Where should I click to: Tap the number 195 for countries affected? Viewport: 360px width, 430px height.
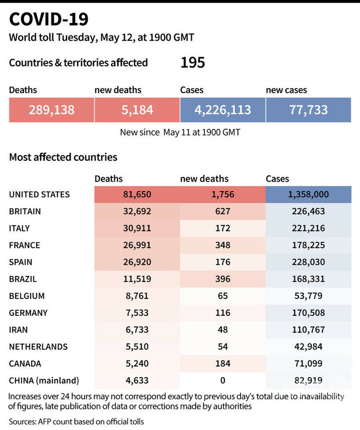pyautogui.click(x=192, y=63)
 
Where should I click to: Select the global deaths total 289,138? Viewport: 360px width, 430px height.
pyautogui.click(x=52, y=110)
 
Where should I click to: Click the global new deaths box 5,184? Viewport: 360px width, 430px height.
pyautogui.click(x=137, y=110)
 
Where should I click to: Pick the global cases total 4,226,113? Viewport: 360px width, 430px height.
pyautogui.click(x=223, y=110)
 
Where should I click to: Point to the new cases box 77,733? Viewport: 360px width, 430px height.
pyautogui.click(x=308, y=110)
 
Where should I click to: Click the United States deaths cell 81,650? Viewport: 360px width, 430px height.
pyautogui.click(x=137, y=195)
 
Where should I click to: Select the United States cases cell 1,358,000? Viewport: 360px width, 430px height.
pyautogui.click(x=308, y=195)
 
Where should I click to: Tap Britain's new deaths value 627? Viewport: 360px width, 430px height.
pyautogui.click(x=222, y=211)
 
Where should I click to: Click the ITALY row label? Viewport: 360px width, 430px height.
pyautogui.click(x=20, y=228)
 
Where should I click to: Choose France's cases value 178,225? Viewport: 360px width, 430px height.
pyautogui.click(x=308, y=245)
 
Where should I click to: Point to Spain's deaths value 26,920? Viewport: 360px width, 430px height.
pyautogui.click(x=137, y=262)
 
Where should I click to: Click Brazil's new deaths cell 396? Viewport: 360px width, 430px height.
pyautogui.click(x=222, y=279)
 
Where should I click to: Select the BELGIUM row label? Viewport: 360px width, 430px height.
pyautogui.click(x=27, y=296)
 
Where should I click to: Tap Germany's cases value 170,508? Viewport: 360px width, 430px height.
pyautogui.click(x=308, y=313)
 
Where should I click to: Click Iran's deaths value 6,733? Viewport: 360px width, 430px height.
pyautogui.click(x=137, y=330)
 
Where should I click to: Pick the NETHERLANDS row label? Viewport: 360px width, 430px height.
pyautogui.click(x=39, y=346)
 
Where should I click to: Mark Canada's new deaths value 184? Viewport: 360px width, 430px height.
pyautogui.click(x=222, y=363)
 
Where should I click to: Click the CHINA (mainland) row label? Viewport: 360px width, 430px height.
pyautogui.click(x=44, y=380)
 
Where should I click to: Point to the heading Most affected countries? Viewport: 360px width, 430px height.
pyautogui.click(x=63, y=157)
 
